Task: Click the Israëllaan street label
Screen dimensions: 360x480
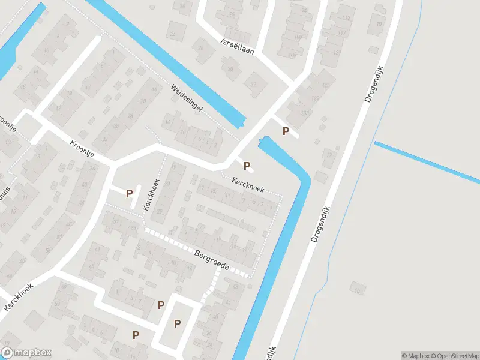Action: [237, 47]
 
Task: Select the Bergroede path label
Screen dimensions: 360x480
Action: [212, 259]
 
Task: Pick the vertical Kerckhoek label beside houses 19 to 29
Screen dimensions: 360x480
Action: [151, 194]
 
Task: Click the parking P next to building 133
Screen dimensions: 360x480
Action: [286, 131]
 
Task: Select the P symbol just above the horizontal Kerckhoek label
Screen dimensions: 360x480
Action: [247, 165]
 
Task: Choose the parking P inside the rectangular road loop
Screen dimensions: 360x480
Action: [177, 323]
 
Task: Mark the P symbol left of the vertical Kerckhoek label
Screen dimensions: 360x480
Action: [129, 193]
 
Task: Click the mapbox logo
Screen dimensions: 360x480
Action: [26, 353]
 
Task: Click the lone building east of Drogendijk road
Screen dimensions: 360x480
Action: [358, 289]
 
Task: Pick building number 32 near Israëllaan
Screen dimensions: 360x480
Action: [254, 85]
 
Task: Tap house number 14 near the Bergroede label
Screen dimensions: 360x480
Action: [190, 269]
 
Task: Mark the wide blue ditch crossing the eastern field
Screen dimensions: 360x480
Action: [426, 160]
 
